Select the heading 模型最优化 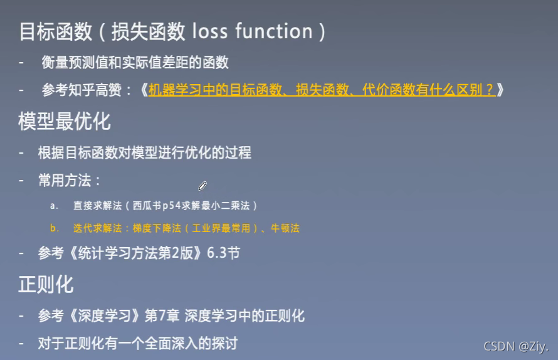tap(64, 121)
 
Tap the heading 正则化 tap(46, 284)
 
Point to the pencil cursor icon tap(203, 186)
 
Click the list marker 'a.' tap(55, 206)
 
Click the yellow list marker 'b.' tap(55, 228)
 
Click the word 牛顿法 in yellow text tap(285, 228)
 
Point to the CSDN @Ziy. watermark tap(516, 346)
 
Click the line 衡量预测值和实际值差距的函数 tap(135, 62)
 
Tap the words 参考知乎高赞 tap(88, 90)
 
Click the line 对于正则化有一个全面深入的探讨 tap(137, 343)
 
